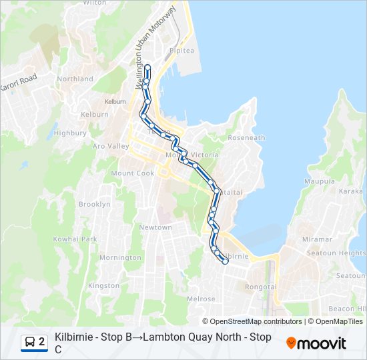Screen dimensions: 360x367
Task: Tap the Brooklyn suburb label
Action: click(x=95, y=204)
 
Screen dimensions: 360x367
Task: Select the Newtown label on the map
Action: click(x=155, y=227)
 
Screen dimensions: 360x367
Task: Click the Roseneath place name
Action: click(x=247, y=138)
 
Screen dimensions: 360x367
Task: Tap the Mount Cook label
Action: click(x=133, y=173)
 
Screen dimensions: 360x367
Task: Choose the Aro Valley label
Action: click(x=111, y=146)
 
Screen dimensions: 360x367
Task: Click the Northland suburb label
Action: click(x=75, y=79)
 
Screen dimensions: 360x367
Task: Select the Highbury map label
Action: click(x=71, y=133)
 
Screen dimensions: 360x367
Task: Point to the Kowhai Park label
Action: click(x=75, y=239)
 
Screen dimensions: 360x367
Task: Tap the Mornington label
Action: click(x=120, y=257)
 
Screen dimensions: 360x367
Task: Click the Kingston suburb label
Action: click(x=103, y=285)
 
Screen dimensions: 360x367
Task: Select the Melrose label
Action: click(x=202, y=299)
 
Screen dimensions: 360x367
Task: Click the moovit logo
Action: click(x=316, y=343)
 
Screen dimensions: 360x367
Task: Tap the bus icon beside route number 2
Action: click(x=30, y=342)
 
